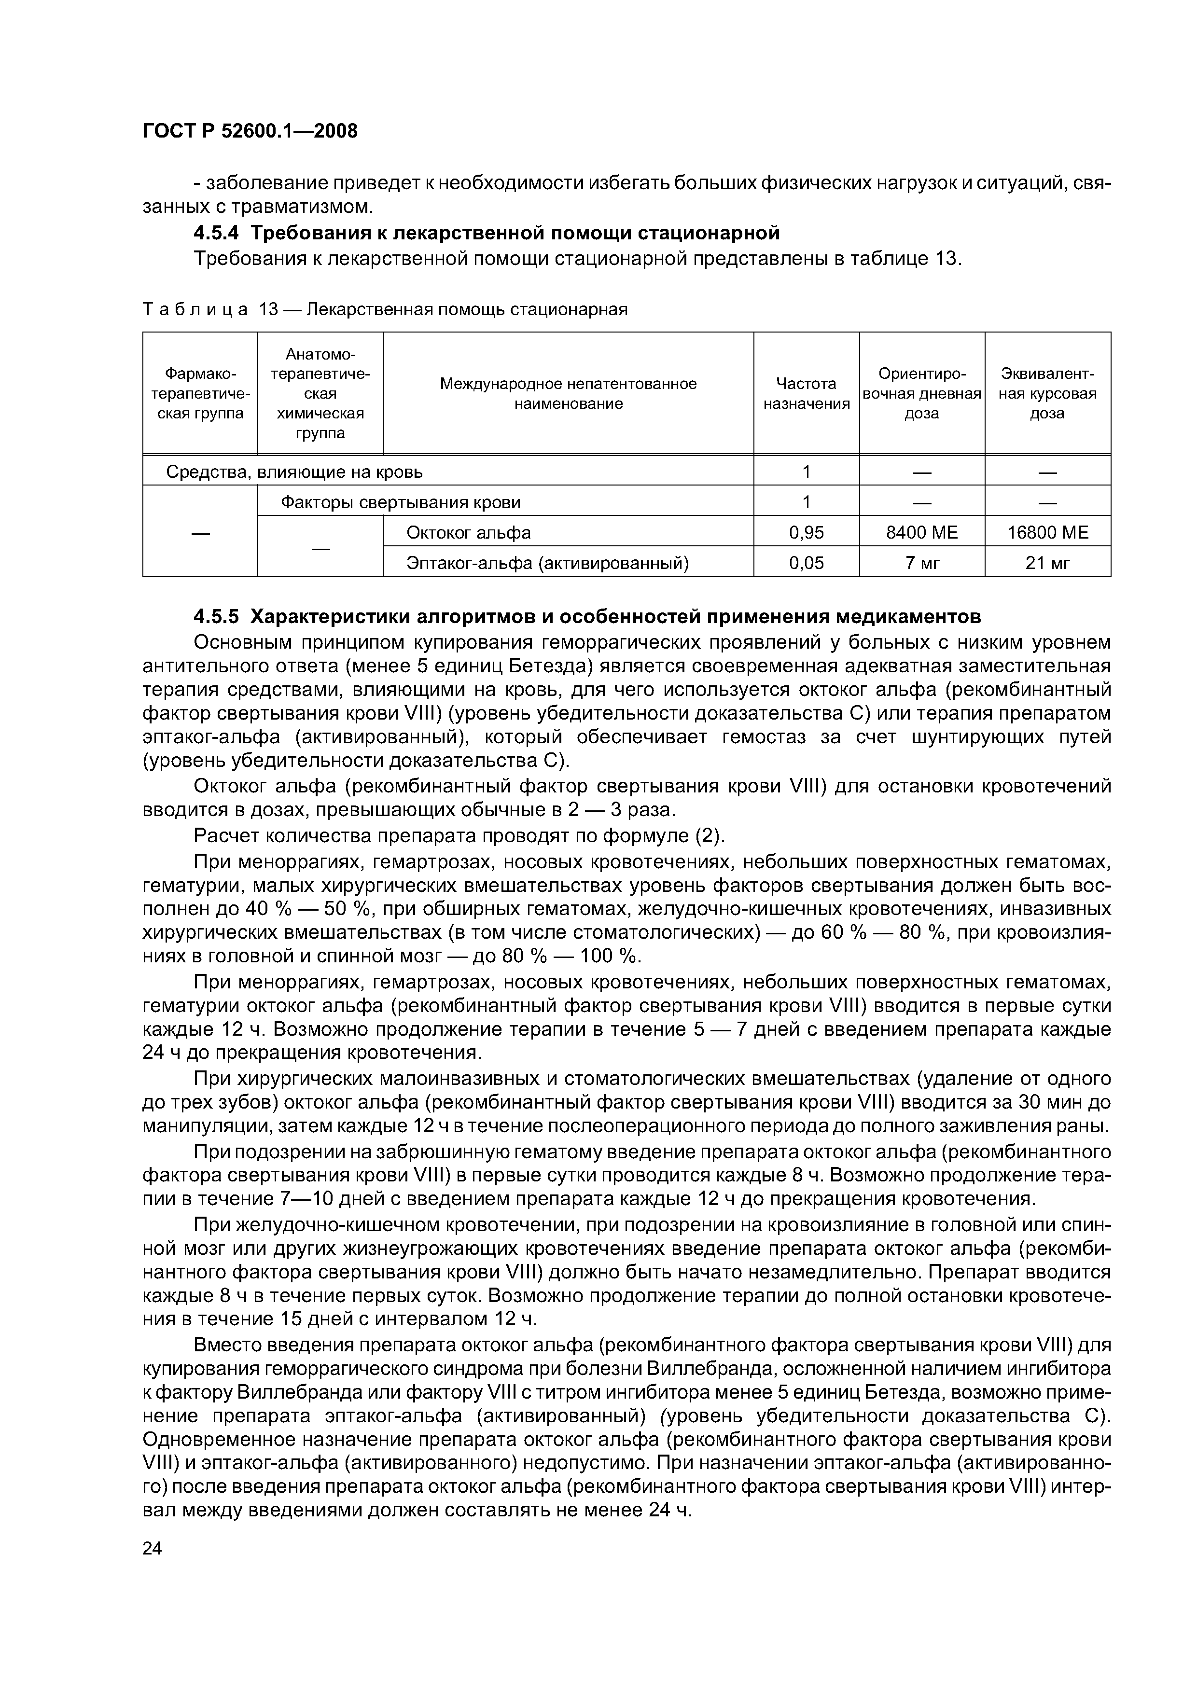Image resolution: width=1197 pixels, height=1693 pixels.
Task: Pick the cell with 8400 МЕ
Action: (x=921, y=532)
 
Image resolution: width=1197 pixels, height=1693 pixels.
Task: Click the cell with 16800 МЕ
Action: (x=1047, y=532)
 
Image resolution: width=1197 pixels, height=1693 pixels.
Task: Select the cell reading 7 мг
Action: (x=922, y=563)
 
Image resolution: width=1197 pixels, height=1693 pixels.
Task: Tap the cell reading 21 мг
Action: (x=1047, y=563)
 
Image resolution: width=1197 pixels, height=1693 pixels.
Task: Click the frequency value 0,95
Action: (x=806, y=532)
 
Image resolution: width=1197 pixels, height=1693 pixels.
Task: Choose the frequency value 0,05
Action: (x=806, y=563)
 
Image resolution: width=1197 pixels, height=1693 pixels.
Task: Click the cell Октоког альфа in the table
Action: (x=468, y=532)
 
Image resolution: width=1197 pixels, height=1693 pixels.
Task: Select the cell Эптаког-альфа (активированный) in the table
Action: (x=547, y=563)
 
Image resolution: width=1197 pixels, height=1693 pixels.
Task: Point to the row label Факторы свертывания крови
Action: (x=401, y=502)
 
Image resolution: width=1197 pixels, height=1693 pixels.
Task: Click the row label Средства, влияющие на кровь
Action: (x=294, y=471)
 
